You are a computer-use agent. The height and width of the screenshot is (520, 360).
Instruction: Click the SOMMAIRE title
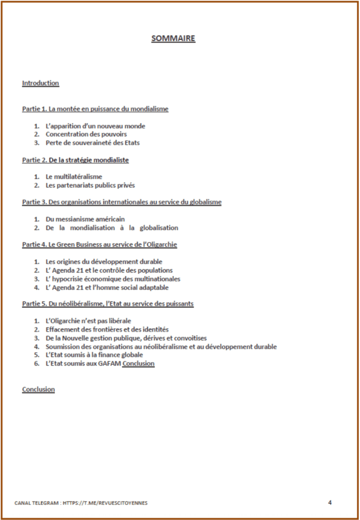(173, 39)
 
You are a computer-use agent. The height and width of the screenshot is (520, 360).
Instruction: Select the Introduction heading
(41, 83)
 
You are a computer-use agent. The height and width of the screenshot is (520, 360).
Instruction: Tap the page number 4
(330, 502)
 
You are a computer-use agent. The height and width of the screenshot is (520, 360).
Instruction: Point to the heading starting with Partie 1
(95, 109)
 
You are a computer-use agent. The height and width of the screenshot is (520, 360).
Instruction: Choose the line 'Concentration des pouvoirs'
(86, 135)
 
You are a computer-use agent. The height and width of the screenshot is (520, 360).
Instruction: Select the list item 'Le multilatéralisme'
(74, 177)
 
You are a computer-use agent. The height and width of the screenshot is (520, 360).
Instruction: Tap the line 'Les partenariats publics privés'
(90, 185)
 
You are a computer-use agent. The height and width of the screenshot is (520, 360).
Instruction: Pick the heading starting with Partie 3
(122, 202)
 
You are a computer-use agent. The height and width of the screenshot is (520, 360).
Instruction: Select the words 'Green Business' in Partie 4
(77, 245)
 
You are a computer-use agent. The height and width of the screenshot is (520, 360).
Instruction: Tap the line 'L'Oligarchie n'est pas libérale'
(88, 321)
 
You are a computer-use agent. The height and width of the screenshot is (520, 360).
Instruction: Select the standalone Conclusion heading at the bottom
(39, 389)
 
